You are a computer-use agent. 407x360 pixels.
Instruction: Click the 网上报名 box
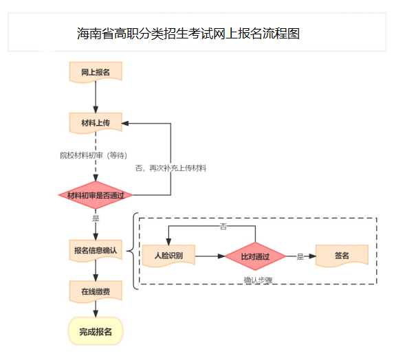pyautogui.click(x=96, y=72)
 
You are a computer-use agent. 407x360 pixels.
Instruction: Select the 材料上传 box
pyautogui.click(x=96, y=123)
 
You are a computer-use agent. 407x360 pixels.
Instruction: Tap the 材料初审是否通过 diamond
pyautogui.click(x=96, y=195)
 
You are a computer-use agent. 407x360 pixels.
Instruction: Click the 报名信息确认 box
pyautogui.click(x=96, y=250)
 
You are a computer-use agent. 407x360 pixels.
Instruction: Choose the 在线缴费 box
pyautogui.click(x=96, y=291)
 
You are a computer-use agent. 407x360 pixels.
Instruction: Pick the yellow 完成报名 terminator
pyautogui.click(x=96, y=331)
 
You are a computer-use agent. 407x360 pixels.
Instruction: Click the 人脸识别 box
pyautogui.click(x=168, y=256)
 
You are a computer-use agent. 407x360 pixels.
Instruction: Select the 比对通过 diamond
pyautogui.click(x=255, y=256)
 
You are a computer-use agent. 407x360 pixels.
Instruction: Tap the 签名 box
pyautogui.click(x=342, y=256)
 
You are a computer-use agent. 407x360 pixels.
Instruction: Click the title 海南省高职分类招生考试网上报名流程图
pyautogui.click(x=188, y=34)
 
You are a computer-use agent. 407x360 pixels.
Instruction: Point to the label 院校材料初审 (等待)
pyautogui.click(x=93, y=155)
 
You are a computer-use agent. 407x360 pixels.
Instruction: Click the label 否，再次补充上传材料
pyautogui.click(x=170, y=168)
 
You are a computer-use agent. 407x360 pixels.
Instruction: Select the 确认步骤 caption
pyautogui.click(x=258, y=280)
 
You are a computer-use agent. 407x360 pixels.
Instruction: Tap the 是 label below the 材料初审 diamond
pyautogui.click(x=96, y=218)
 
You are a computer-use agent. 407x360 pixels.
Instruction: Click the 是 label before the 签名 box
pyautogui.click(x=300, y=256)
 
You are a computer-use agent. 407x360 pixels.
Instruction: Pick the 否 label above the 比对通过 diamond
pyautogui.click(x=223, y=227)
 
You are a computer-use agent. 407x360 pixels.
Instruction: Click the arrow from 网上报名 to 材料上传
pyautogui.click(x=96, y=97)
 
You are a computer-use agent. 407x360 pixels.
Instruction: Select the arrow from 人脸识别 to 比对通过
pyautogui.click(x=210, y=256)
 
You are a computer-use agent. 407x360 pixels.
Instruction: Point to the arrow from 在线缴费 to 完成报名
pyautogui.click(x=96, y=309)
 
